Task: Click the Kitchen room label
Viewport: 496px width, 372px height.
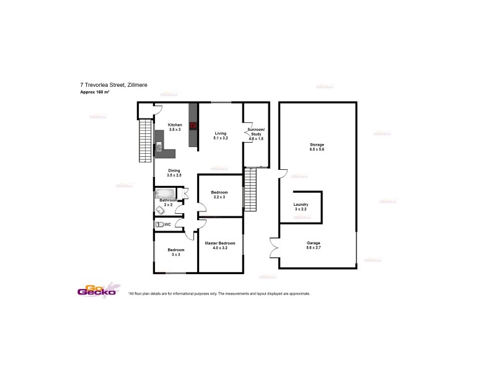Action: pos(175,127)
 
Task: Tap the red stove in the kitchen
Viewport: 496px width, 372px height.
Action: pos(193,125)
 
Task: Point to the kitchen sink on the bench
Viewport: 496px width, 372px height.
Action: pos(158,147)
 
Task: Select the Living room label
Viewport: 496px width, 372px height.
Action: pos(221,135)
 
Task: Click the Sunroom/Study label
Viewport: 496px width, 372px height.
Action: pos(255,133)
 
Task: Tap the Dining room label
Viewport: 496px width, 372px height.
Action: pos(174,172)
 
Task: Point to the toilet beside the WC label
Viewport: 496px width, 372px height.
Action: pos(159,224)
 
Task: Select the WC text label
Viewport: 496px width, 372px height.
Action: pos(167,224)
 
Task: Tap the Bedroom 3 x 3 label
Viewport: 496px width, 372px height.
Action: pos(175,252)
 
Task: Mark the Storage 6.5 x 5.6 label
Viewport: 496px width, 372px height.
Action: pos(317,147)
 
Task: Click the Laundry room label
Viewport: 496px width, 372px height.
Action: pos(301,206)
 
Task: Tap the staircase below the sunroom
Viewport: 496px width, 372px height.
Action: pos(250,190)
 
